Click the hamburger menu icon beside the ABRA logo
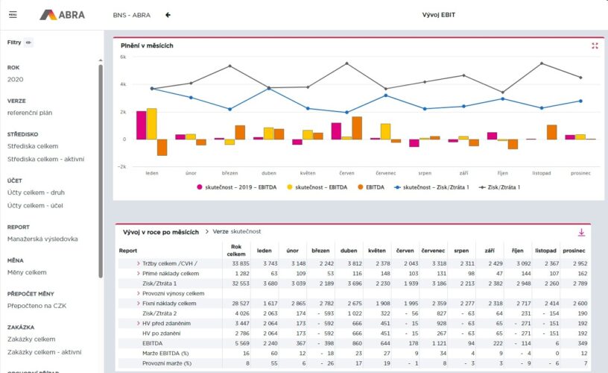[x=13, y=14]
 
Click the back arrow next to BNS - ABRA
[x=168, y=14]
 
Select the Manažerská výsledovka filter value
[x=42, y=239]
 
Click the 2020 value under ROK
[x=15, y=79]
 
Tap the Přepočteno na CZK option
[x=36, y=306]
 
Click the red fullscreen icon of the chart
[x=595, y=46]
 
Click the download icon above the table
[x=582, y=232]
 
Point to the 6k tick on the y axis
[x=124, y=56]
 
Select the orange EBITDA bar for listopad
[x=551, y=132]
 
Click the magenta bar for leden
[x=141, y=125]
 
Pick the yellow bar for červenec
[x=385, y=131]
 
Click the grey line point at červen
[x=346, y=63]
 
